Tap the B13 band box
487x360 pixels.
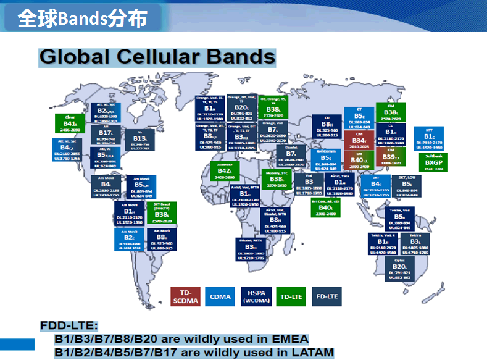[139, 140]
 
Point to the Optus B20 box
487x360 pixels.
[400, 269]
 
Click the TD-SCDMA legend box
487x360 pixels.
[186, 297]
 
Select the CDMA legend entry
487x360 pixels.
[220, 297]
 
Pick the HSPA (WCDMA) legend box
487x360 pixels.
[256, 297]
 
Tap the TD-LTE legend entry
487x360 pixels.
[291, 297]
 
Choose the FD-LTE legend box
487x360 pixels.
[327, 297]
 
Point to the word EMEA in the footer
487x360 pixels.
[283, 339]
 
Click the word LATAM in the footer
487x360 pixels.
[310, 353]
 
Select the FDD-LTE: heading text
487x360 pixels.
[69, 326]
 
